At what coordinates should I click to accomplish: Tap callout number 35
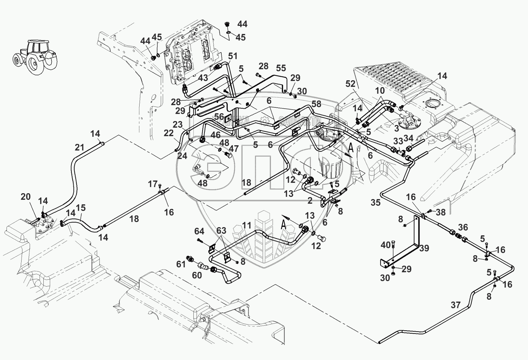pyautogui.click(x=375, y=203)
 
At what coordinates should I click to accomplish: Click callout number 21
pyautogui.click(x=80, y=148)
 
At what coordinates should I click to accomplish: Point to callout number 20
pyautogui.click(x=26, y=197)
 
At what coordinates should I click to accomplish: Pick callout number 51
pyautogui.click(x=233, y=56)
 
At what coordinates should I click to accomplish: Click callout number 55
pyautogui.click(x=281, y=68)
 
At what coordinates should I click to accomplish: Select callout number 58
pyautogui.click(x=316, y=104)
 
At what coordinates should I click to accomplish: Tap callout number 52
pyautogui.click(x=350, y=84)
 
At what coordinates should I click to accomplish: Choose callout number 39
pyautogui.click(x=424, y=248)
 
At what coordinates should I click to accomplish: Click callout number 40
pyautogui.click(x=386, y=245)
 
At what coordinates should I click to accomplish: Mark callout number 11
pyautogui.click(x=247, y=225)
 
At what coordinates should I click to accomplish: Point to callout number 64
pyautogui.click(x=199, y=231)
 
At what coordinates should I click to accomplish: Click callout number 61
pyautogui.click(x=181, y=264)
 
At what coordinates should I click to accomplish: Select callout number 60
pyautogui.click(x=197, y=275)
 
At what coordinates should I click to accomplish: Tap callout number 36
pyautogui.click(x=463, y=227)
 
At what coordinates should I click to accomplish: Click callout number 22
pyautogui.click(x=169, y=133)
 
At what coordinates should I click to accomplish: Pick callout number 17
pyautogui.click(x=153, y=184)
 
